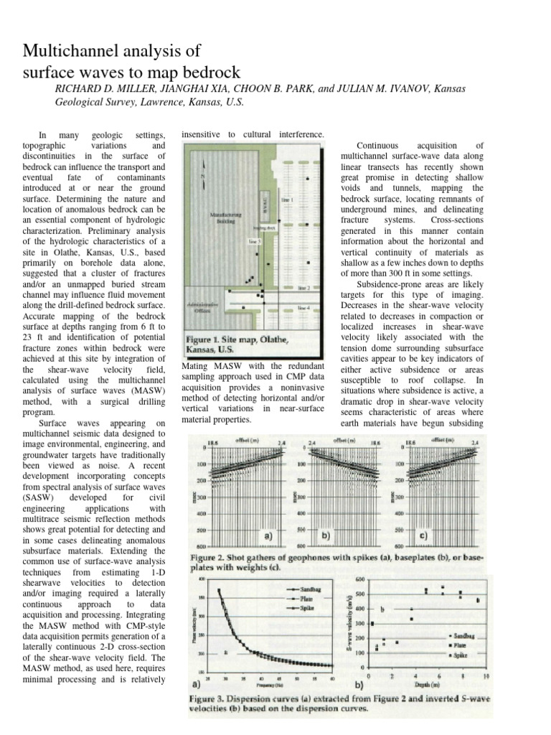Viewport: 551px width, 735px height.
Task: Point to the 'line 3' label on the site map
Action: coord(255,242)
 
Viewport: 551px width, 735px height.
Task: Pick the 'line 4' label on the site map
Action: coord(303,307)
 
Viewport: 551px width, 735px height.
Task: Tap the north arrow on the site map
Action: coord(203,174)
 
